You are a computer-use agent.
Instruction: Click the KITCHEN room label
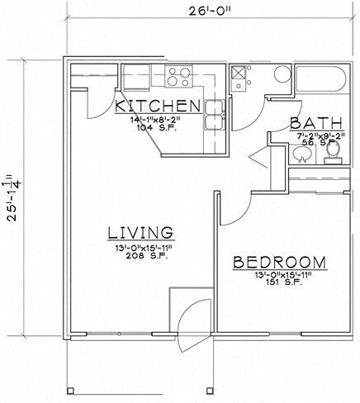point(157,106)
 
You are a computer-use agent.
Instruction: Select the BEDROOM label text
point(279,263)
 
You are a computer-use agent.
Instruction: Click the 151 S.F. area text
point(280,287)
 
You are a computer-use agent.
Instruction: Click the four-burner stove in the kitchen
point(180,77)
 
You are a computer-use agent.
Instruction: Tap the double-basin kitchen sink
point(214,116)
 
